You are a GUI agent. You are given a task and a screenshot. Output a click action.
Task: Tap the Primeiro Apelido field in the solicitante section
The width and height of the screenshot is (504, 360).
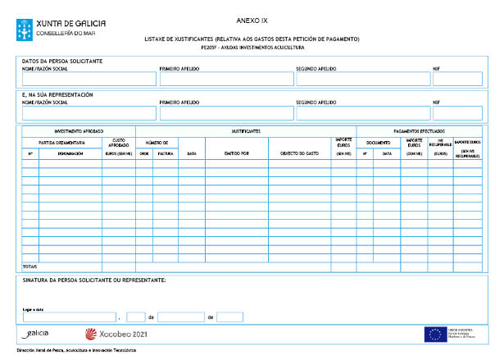[224, 79]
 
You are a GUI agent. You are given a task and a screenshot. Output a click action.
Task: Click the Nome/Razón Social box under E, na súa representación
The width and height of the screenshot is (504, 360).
[88, 112]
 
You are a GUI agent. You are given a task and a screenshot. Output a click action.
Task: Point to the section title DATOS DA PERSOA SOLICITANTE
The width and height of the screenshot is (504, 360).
[62, 62]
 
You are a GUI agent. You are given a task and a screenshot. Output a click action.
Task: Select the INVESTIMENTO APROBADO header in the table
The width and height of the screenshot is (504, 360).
[79, 131]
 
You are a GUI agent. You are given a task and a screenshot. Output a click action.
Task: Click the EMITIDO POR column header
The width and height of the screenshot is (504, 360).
[236, 153]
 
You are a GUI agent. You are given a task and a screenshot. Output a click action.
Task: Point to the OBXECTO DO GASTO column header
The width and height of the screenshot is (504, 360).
[299, 153]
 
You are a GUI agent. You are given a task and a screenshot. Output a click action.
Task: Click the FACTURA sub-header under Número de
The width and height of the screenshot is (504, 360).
[165, 153]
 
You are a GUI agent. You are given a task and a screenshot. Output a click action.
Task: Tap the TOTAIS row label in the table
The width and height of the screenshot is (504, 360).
[30, 267]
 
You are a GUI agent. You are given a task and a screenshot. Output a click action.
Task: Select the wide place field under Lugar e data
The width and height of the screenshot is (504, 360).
[70, 317]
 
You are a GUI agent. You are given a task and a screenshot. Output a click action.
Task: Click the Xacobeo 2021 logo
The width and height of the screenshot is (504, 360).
[116, 334]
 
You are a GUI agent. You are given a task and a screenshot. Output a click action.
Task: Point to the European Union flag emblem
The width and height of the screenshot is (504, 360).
[435, 334]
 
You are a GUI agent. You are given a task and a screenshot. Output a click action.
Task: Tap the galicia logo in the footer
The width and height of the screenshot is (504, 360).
[37, 334]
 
